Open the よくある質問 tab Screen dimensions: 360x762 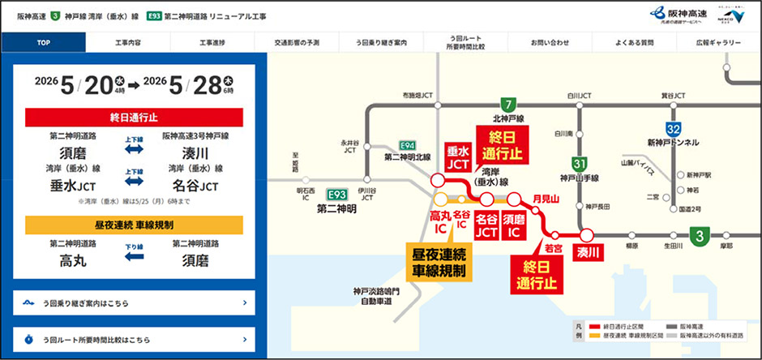tap(635, 43)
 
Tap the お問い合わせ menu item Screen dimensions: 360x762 tap(550, 43)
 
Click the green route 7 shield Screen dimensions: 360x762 tap(508, 105)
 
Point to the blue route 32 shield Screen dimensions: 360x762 tap(673, 129)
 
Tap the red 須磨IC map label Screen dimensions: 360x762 tap(512, 225)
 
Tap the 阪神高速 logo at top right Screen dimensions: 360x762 tap(679, 15)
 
